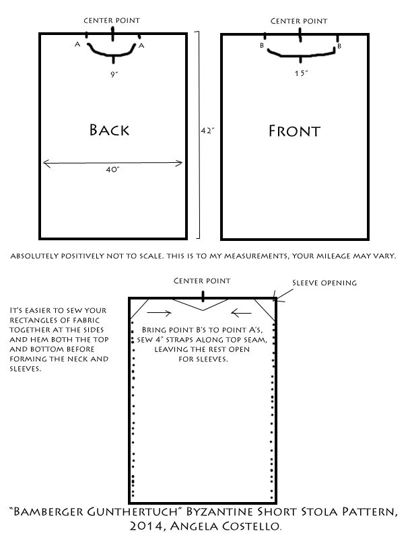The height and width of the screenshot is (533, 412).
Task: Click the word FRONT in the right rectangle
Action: click(294, 130)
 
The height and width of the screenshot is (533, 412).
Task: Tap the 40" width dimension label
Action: click(112, 170)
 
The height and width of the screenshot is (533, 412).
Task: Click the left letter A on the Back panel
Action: click(79, 45)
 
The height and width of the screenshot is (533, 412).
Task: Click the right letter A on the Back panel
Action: click(141, 46)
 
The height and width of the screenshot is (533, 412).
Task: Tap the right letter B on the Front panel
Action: click(339, 46)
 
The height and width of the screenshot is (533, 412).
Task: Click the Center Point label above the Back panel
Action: click(112, 20)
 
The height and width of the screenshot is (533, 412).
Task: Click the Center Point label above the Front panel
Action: click(299, 21)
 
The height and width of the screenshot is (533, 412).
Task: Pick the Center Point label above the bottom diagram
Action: click(202, 281)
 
